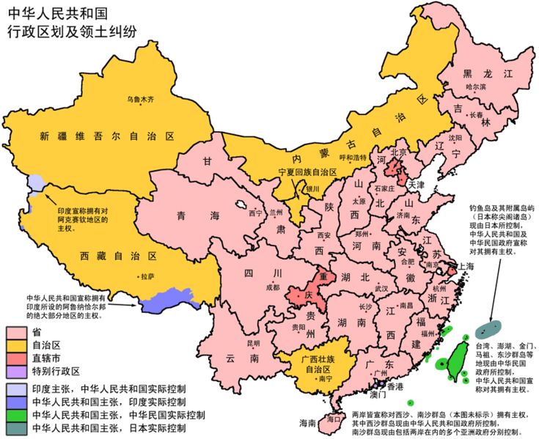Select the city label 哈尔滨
tap(476, 86)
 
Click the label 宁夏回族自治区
tap(307, 171)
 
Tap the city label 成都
tap(273, 287)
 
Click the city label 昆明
tap(252, 343)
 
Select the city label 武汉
tap(381, 289)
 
